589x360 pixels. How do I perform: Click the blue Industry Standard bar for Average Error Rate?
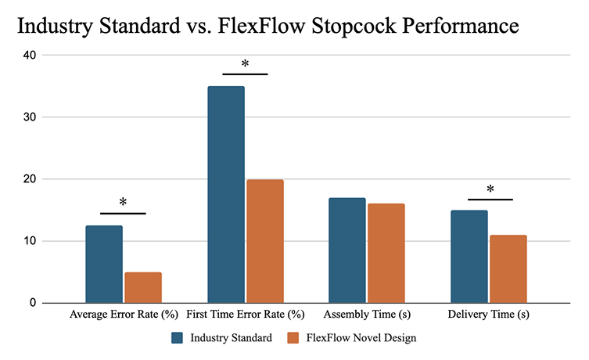pyautogui.click(x=104, y=264)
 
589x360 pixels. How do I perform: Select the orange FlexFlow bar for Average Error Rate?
pyautogui.click(x=143, y=287)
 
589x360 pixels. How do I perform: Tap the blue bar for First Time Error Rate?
pyautogui.click(x=226, y=194)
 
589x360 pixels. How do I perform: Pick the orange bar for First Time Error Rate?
pyautogui.click(x=265, y=241)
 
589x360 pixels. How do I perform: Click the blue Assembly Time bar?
pyautogui.click(x=347, y=250)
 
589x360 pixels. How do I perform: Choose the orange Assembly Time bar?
pyautogui.click(x=386, y=253)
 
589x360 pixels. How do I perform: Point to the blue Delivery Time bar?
pyautogui.click(x=469, y=256)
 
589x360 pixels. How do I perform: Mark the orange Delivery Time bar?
pyautogui.click(x=508, y=268)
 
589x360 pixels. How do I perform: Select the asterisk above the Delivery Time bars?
pyautogui.click(x=490, y=190)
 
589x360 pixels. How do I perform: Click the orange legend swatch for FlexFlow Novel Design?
pyautogui.click(x=293, y=338)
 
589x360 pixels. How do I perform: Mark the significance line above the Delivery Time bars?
pyautogui.click(x=490, y=200)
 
